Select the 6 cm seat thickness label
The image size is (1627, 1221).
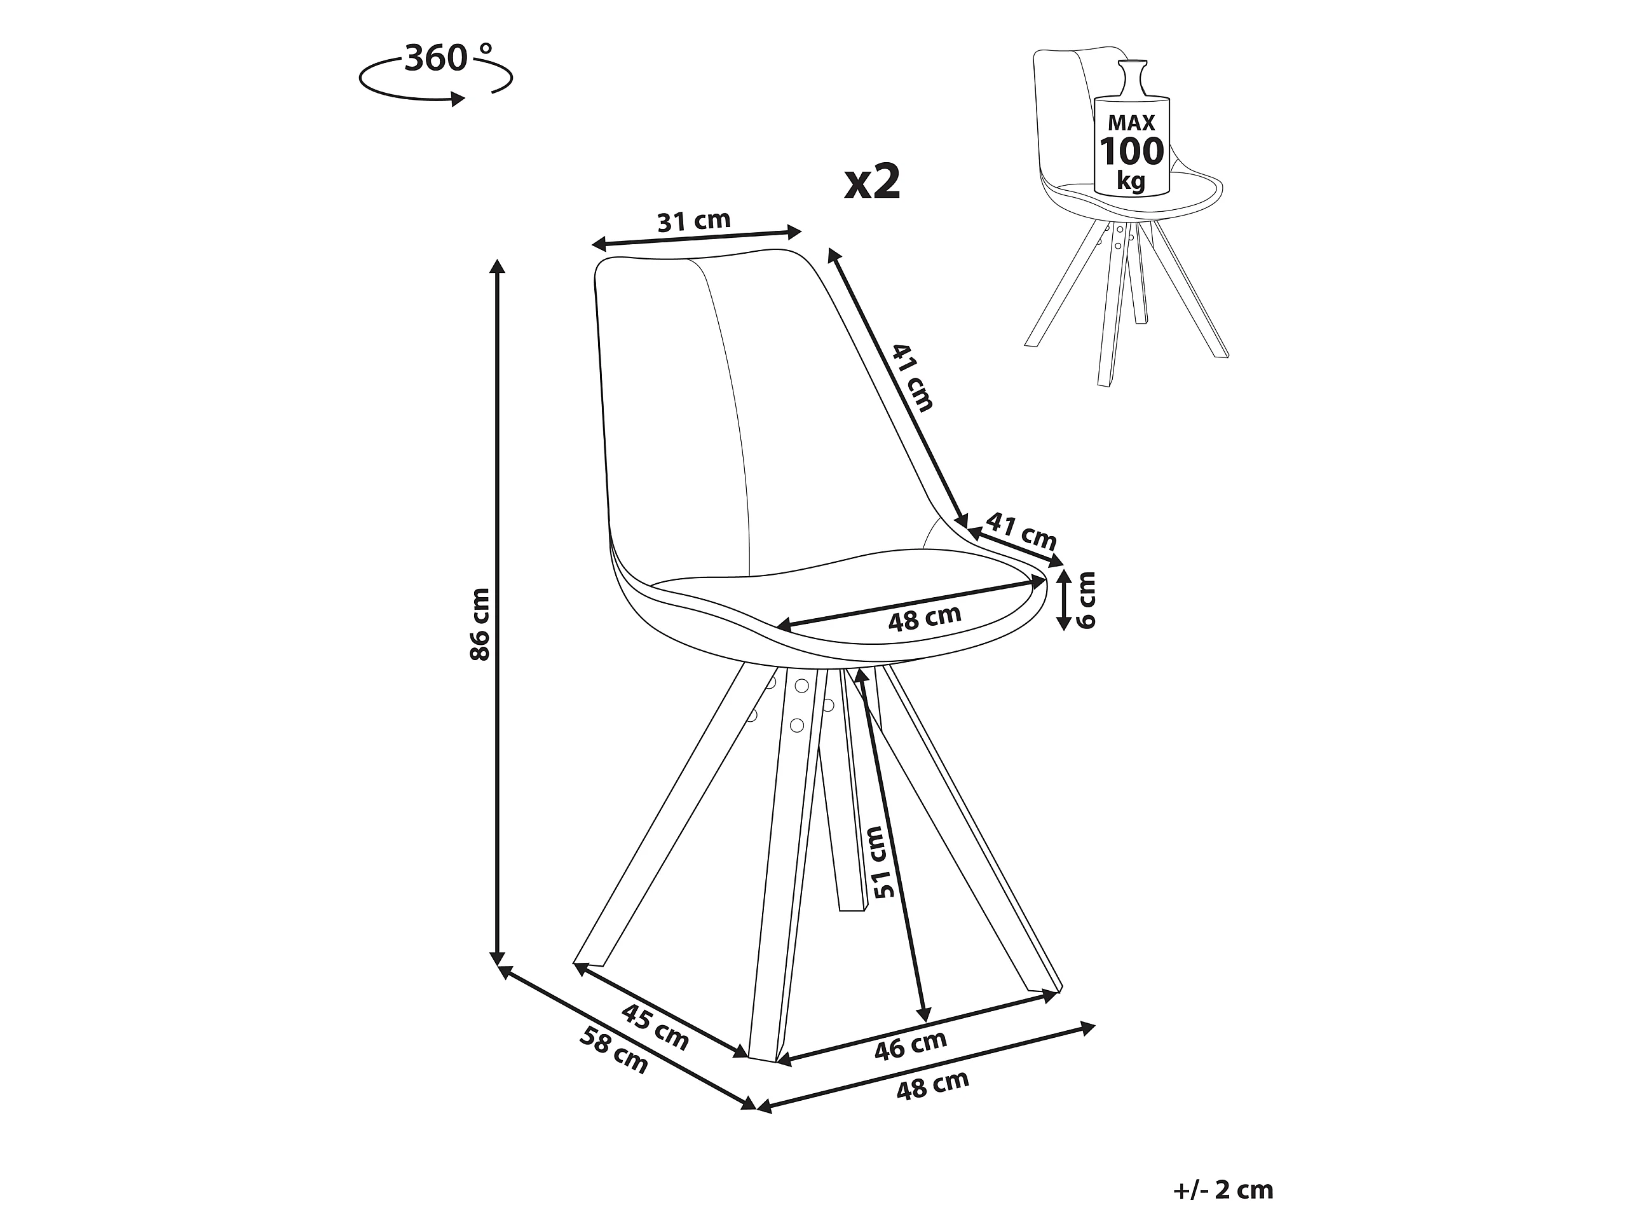(1086, 600)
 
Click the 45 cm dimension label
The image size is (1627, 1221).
(655, 1026)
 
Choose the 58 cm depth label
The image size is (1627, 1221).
(614, 1051)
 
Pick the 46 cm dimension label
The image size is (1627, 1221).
(911, 1046)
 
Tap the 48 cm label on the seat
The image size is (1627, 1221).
(925, 618)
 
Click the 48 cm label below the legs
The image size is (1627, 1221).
(932, 1086)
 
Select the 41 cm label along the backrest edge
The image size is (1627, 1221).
(913, 377)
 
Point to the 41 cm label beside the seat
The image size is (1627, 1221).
(1021, 530)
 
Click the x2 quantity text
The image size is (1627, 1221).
(873, 183)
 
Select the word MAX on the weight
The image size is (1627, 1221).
(1131, 123)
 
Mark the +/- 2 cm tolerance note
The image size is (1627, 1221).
(1222, 1169)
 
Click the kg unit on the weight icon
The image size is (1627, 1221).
(1131, 181)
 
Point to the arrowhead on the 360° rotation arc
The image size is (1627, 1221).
(458, 99)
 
